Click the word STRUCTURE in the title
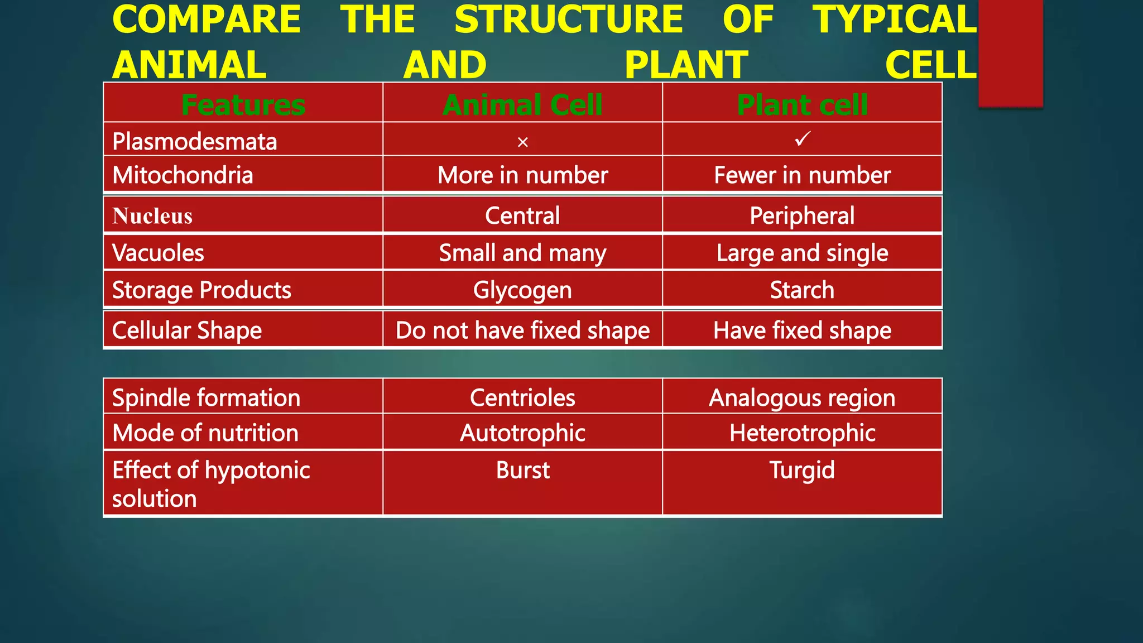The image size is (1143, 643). pyautogui.click(x=568, y=20)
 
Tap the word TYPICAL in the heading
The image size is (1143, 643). pyautogui.click(x=895, y=20)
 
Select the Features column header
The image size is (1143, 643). pyautogui.click(x=243, y=105)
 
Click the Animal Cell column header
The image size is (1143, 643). pyautogui.click(x=522, y=105)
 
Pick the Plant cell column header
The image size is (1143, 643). pyautogui.click(x=802, y=105)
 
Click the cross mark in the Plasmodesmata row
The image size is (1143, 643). pyautogui.click(x=522, y=142)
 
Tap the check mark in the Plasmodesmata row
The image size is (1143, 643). pyautogui.click(x=802, y=138)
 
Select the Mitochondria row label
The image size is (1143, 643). pyautogui.click(x=183, y=175)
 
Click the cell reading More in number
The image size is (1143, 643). pyautogui.click(x=522, y=175)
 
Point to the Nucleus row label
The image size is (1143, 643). pyautogui.click(x=152, y=216)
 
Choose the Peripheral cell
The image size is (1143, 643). pyautogui.click(x=802, y=216)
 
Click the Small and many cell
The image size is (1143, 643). pyautogui.click(x=522, y=253)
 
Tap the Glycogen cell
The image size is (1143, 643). pyautogui.click(x=522, y=290)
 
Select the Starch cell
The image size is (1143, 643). pyautogui.click(x=802, y=290)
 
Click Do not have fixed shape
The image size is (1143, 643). pyautogui.click(x=522, y=330)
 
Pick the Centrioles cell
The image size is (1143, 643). pyautogui.click(x=522, y=398)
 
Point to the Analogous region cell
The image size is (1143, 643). pyautogui.click(x=802, y=398)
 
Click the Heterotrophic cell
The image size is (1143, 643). pyautogui.click(x=802, y=433)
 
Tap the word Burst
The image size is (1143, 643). pyautogui.click(x=522, y=470)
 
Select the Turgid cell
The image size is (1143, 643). pyautogui.click(x=802, y=470)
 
